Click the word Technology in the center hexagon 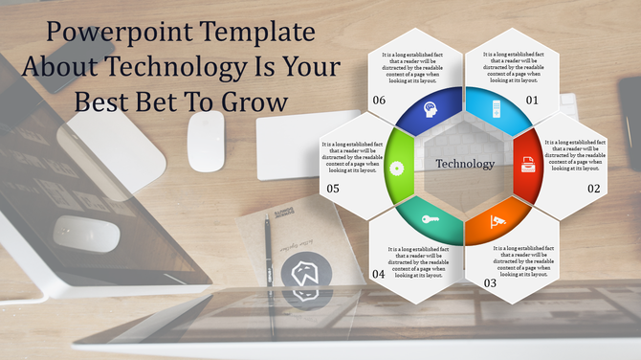[465, 164]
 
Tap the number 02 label [593, 189]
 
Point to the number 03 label [490, 283]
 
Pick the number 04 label [378, 274]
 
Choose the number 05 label [332, 189]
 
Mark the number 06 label [379, 100]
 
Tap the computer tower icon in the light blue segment [496, 105]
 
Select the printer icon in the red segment [527, 164]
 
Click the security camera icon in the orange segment [497, 221]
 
